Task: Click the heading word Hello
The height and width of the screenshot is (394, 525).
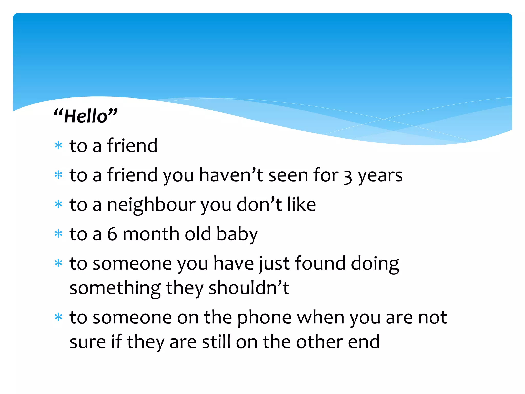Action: (x=86, y=116)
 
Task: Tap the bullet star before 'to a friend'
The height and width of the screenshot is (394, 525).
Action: (x=59, y=145)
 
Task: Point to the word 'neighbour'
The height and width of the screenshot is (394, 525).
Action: (x=151, y=205)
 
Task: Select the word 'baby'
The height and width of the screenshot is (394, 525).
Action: (x=237, y=235)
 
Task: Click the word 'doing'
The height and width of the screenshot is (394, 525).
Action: (x=375, y=264)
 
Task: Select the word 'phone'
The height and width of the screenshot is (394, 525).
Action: (x=264, y=318)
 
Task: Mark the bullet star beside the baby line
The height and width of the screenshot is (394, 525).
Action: (x=59, y=234)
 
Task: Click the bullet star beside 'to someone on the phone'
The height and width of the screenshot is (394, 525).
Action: (x=59, y=317)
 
